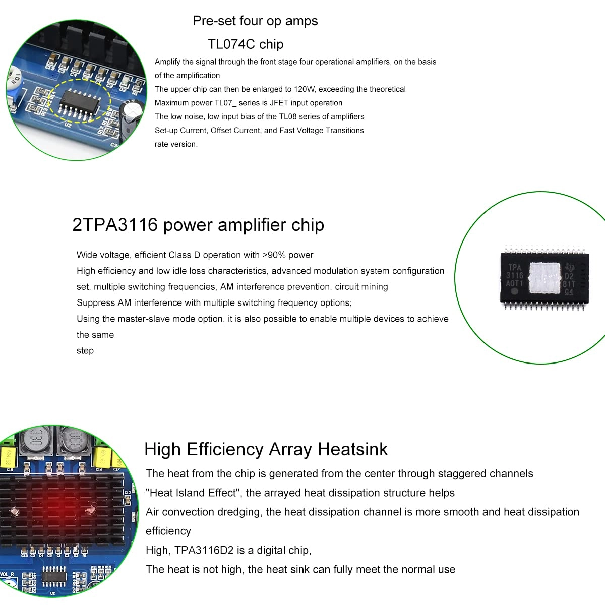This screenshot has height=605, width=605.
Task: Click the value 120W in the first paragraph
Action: (305, 89)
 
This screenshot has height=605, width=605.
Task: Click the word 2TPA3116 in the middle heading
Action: (115, 225)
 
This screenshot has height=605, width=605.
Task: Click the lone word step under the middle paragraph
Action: (85, 351)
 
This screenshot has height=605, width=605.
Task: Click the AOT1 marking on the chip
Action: (515, 284)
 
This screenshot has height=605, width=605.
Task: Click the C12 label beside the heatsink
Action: (127, 492)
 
